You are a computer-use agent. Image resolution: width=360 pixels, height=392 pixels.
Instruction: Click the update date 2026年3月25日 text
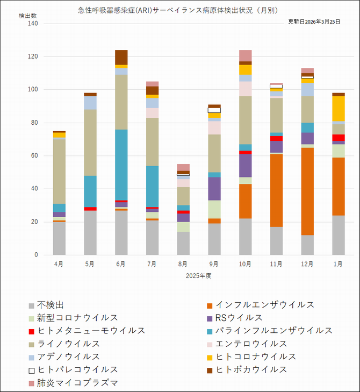[x=314, y=22]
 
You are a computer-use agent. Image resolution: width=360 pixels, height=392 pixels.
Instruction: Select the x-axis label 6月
[x=120, y=264]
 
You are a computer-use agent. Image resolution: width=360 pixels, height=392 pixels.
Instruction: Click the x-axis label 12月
[x=307, y=264]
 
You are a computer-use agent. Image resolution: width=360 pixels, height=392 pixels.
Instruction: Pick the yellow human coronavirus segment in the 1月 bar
[x=339, y=109]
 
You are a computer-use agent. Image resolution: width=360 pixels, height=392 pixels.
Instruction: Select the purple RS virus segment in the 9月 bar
[x=214, y=188]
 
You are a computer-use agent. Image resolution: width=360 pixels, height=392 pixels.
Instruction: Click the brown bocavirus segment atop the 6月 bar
[x=121, y=57]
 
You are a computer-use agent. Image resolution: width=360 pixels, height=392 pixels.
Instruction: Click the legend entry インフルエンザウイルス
[x=265, y=305]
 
